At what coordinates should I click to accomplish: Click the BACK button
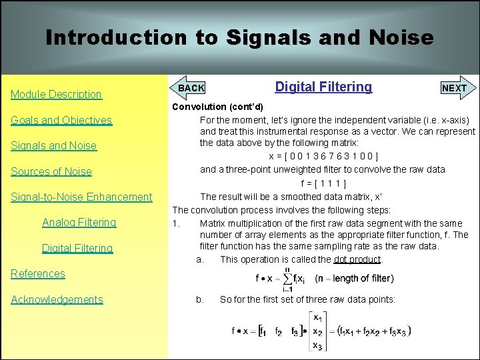click(191, 88)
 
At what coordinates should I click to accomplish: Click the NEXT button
click(454, 88)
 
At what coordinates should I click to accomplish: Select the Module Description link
click(56, 95)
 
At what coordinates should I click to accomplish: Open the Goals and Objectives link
click(61, 120)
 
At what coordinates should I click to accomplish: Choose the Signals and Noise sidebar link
click(53, 146)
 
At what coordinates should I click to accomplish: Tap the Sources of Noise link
click(51, 171)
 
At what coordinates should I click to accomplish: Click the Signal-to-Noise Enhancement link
click(81, 197)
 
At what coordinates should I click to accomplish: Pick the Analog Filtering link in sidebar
click(79, 222)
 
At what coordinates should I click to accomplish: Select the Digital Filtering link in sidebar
click(77, 248)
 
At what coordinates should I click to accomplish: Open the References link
click(38, 273)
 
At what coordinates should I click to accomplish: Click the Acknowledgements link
click(57, 299)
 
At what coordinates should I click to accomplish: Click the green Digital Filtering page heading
click(323, 87)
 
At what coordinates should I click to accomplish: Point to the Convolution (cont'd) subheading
click(217, 107)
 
